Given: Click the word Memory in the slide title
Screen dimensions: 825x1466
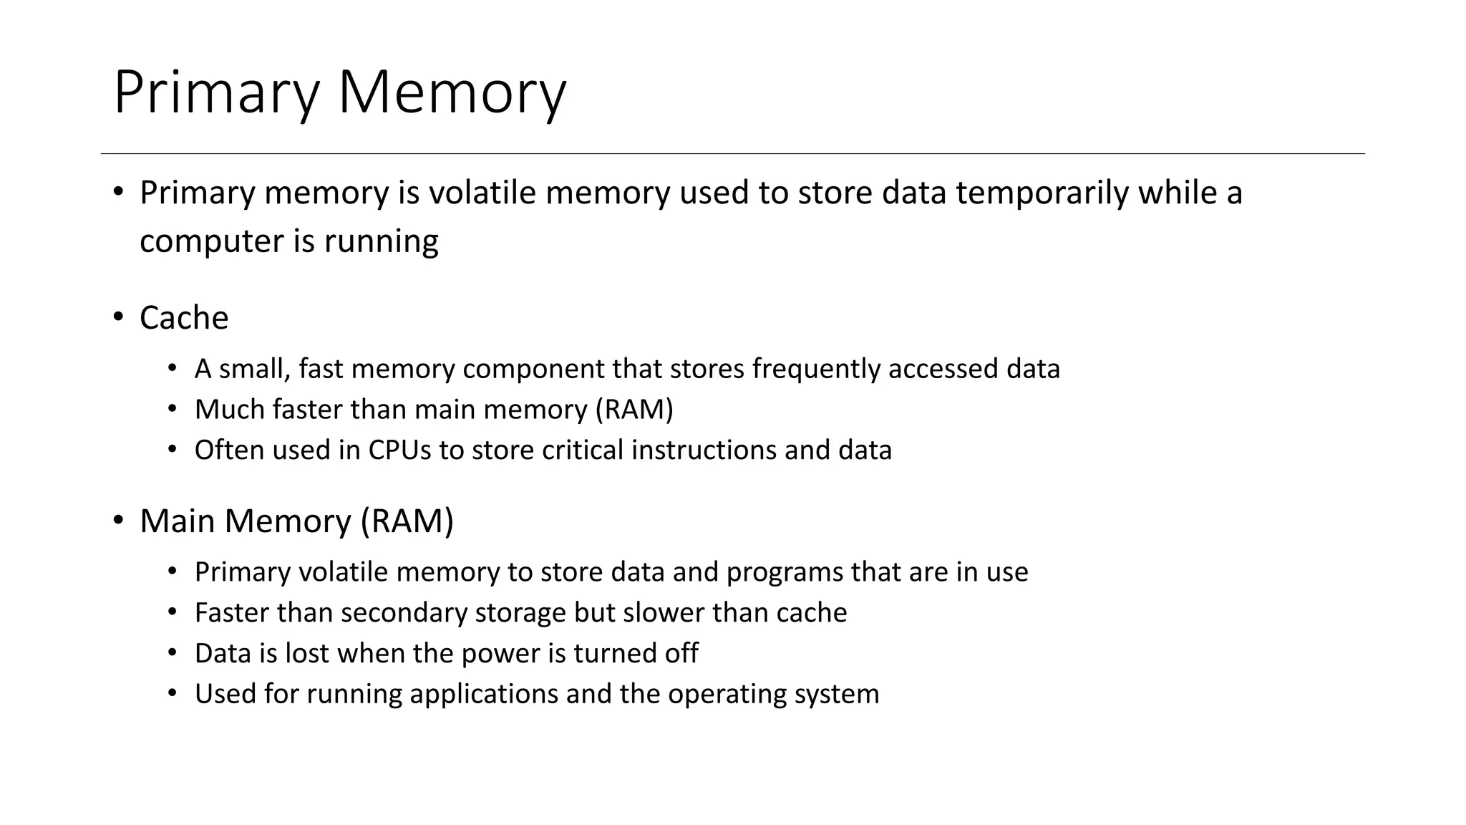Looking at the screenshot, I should (452, 93).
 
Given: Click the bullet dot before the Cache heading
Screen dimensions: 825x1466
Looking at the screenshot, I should (119, 317).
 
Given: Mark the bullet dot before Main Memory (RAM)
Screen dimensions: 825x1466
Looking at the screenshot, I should (119, 520).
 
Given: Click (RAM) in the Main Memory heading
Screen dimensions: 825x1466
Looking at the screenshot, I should (407, 521).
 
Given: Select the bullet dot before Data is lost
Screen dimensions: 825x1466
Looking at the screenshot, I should (172, 653).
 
